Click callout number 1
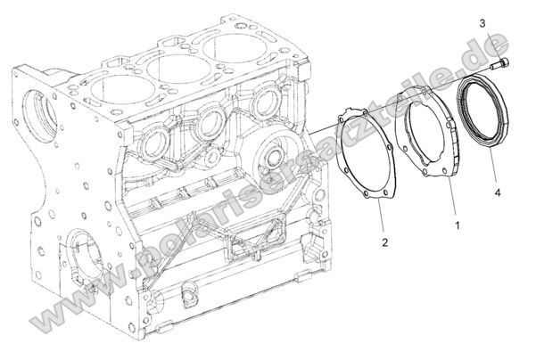[x=458, y=226]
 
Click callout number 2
[x=384, y=241]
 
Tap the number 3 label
[x=507, y=22]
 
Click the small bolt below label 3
[x=504, y=63]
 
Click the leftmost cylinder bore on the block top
[x=116, y=85]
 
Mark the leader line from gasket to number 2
[x=382, y=218]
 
